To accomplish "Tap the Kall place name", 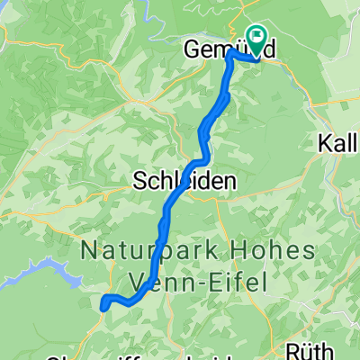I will [338, 143].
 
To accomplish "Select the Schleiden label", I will [184, 181].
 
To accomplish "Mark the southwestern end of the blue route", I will [105, 306].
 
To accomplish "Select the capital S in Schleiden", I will [139, 181].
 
